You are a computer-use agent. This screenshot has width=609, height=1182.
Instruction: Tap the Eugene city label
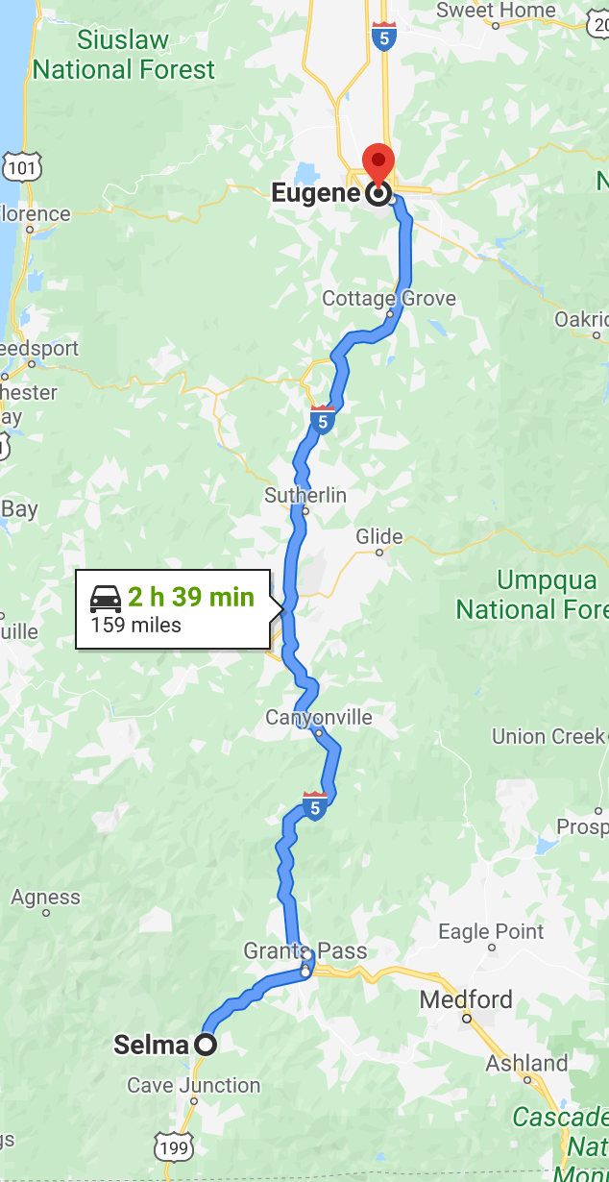coord(315,193)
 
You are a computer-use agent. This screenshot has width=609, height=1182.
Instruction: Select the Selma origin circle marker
coord(206,1044)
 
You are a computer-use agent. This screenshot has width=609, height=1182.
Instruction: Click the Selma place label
coord(151,1045)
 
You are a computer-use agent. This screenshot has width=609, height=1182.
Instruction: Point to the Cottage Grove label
coord(389,298)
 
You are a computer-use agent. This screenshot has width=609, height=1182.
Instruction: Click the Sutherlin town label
coord(305,496)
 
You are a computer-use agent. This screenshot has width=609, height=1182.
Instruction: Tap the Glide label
coord(379,536)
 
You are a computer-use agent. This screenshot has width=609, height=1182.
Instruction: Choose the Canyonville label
coord(318,717)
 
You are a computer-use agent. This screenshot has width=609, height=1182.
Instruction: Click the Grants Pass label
coord(304,951)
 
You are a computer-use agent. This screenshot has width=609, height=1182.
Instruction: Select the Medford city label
coord(466,999)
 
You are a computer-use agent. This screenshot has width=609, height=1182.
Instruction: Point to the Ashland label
coord(526,1063)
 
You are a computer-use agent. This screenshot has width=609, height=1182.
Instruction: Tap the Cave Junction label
coord(194,1086)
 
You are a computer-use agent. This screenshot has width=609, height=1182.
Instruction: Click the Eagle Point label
coord(491,931)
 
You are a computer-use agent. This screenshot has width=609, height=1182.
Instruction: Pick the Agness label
coord(45,898)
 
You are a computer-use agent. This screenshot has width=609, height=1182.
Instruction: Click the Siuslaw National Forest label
coord(124,55)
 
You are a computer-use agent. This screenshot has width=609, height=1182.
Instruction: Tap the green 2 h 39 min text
coord(191,597)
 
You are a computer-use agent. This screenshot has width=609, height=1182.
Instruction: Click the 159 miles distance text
coord(135,626)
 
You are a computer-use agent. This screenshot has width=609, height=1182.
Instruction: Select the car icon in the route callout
coord(106,598)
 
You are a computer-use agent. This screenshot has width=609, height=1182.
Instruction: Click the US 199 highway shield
coord(175,1146)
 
